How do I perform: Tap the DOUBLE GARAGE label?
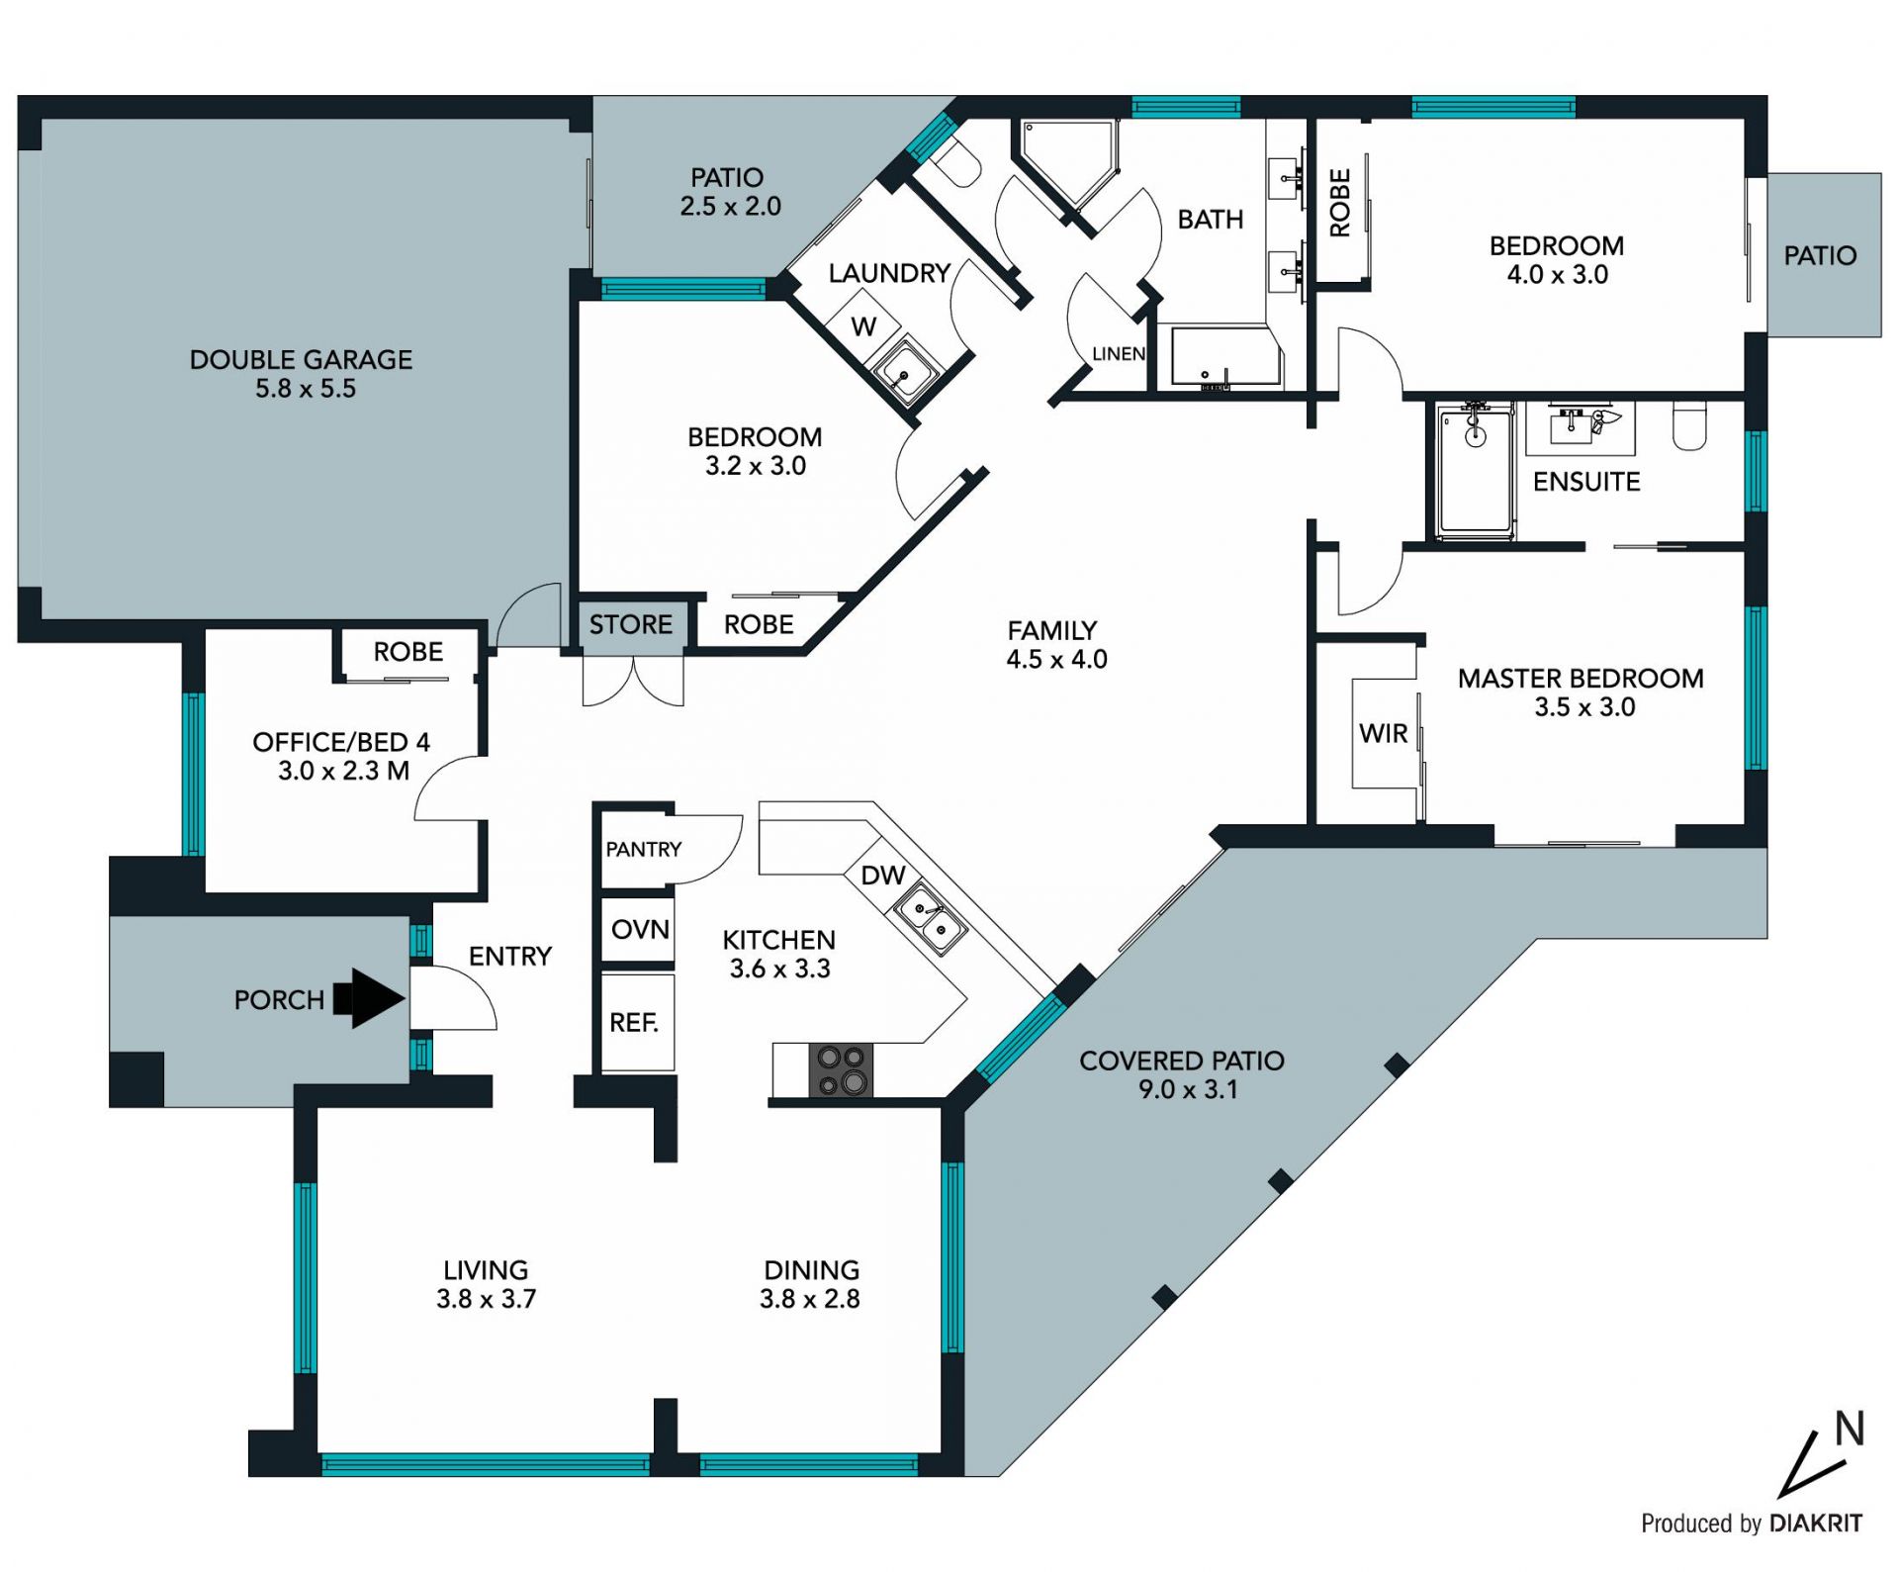pos(301,359)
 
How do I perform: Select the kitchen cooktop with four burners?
pos(842,1070)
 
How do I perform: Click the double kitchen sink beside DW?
pos(930,919)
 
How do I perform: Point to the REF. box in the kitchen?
pos(638,1022)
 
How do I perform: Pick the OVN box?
pos(638,929)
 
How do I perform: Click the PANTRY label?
pos(644,849)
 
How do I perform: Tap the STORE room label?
pos(631,624)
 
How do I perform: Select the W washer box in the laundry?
pos(863,325)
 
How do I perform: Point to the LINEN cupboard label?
pos(1119,353)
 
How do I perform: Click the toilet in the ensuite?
pos(1688,425)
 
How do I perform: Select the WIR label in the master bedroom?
pos(1383,733)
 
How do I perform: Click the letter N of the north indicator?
pos(1850,1429)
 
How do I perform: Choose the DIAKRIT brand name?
pos(1816,1523)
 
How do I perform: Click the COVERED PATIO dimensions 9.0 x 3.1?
pos(1188,1089)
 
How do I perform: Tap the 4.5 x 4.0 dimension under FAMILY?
pos(1056,659)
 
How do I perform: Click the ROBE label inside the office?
pos(407,651)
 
